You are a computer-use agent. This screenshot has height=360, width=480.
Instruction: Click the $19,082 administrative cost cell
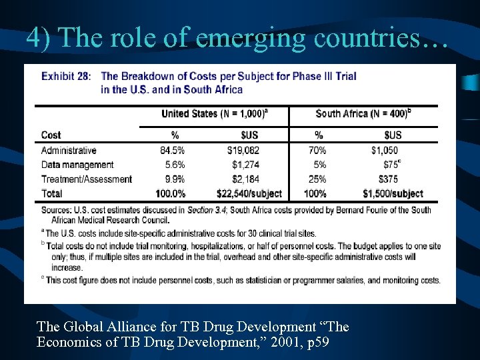243,151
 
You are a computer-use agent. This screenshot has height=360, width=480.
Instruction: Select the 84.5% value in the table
172,151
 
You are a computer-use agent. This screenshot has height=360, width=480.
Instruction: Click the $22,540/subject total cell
249,193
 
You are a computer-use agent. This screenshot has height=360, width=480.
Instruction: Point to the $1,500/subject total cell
393,193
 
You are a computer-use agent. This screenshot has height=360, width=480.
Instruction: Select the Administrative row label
69,151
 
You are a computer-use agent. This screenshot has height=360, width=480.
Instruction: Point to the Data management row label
77,165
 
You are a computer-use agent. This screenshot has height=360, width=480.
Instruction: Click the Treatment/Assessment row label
87,179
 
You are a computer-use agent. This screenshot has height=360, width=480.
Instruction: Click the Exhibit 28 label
67,76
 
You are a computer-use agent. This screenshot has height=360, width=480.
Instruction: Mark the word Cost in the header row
51,135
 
